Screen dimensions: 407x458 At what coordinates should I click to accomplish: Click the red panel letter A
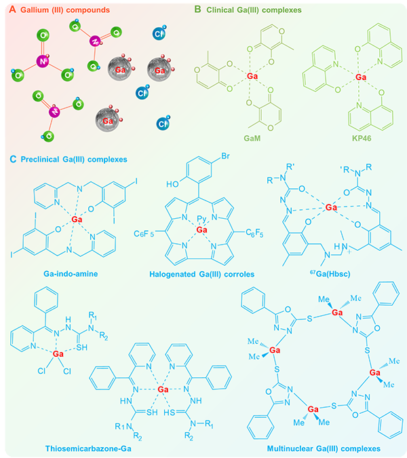pyautogui.click(x=12, y=10)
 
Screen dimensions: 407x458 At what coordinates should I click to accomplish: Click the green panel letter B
pyautogui.click(x=197, y=10)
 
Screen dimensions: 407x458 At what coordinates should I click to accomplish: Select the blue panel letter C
pyautogui.click(x=13, y=159)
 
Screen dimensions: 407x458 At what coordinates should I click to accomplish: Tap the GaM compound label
pyautogui.click(x=252, y=138)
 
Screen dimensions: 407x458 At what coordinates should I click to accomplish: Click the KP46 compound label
pyautogui.click(x=362, y=138)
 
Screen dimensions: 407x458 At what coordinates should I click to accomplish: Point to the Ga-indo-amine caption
pyautogui.click(x=71, y=274)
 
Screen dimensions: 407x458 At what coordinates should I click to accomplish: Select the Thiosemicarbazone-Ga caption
pyautogui.click(x=88, y=448)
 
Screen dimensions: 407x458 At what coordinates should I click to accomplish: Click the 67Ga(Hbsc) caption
pyautogui.click(x=330, y=274)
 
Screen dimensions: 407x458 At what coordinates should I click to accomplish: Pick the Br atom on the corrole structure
pyautogui.click(x=225, y=156)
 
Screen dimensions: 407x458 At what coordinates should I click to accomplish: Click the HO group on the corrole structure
pyautogui.click(x=172, y=184)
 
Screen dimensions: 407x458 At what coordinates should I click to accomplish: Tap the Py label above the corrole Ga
pyautogui.click(x=201, y=219)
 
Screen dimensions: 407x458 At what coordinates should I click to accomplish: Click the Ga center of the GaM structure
pyautogui.click(x=252, y=76)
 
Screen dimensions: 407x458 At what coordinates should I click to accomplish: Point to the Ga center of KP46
pyautogui.click(x=361, y=77)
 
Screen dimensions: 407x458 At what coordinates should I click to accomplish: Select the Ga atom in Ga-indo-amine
pyautogui.click(x=77, y=219)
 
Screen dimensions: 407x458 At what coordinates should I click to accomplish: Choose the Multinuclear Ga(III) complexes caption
pyautogui.click(x=324, y=448)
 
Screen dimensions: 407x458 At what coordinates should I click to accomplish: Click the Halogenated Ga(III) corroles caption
pyautogui.click(x=201, y=274)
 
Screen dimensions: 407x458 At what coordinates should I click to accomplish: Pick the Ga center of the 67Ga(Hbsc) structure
pyautogui.click(x=331, y=207)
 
